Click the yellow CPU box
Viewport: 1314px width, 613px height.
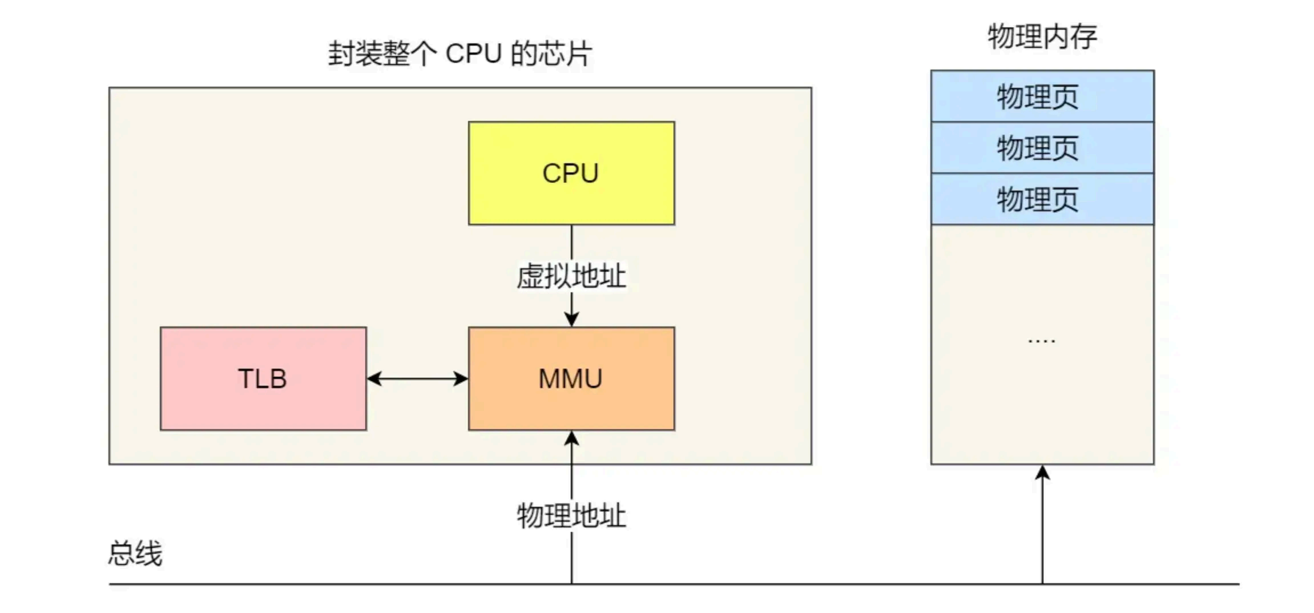click(571, 173)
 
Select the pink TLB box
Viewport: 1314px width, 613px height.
click(263, 378)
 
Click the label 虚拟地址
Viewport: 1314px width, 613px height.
click(571, 276)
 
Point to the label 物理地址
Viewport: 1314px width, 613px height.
click(571, 515)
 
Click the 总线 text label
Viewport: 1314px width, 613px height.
click(135, 553)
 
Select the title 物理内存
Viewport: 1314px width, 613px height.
click(1042, 37)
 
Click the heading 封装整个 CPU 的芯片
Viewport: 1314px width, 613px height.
click(460, 54)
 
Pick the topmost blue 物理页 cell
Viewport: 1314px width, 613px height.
click(1042, 96)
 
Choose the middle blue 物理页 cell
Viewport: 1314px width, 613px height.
click(1042, 148)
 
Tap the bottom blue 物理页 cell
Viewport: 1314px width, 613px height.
click(1042, 199)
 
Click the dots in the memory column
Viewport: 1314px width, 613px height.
click(1041, 341)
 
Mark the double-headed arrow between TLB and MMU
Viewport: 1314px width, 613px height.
click(417, 378)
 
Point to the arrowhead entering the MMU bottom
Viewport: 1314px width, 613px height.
click(571, 438)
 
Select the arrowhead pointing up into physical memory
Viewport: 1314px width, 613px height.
click(1042, 473)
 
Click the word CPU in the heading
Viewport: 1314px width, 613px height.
click(473, 54)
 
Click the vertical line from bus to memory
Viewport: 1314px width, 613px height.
click(1042, 531)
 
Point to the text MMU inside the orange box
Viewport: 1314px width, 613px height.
click(570, 379)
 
